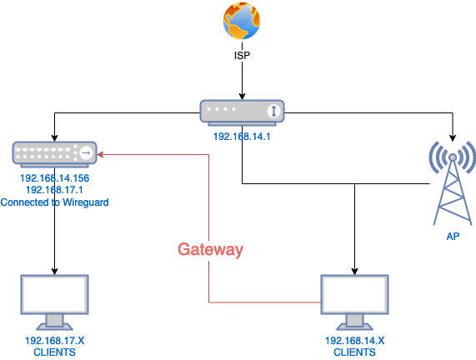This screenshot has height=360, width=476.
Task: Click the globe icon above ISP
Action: click(242, 21)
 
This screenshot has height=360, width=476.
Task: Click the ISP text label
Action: click(242, 56)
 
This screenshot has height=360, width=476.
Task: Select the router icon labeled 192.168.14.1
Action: click(242, 112)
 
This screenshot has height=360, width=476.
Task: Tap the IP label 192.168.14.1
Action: click(242, 137)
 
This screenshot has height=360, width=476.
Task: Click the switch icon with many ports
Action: click(54, 154)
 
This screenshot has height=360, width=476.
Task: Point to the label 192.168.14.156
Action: click(55, 178)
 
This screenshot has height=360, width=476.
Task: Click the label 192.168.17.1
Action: click(54, 190)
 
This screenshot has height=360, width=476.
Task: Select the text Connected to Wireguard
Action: click(55, 202)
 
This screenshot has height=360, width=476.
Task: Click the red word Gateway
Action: click(210, 249)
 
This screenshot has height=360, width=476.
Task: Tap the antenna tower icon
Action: click(453, 183)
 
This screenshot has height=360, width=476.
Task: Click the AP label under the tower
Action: click(453, 236)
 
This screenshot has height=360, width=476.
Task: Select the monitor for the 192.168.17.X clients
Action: click(55, 302)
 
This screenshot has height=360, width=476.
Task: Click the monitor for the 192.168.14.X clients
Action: click(354, 302)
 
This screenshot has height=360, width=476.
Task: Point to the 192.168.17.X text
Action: click(55, 341)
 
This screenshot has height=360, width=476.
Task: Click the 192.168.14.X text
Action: click(354, 341)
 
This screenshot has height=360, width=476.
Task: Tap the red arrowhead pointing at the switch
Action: click(101, 154)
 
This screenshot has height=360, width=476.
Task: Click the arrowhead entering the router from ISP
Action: click(242, 96)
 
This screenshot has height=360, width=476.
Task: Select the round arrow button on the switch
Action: click(86, 152)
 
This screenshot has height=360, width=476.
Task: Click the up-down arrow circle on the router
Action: click(273, 111)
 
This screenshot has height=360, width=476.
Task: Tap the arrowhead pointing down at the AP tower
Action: click(453, 137)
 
